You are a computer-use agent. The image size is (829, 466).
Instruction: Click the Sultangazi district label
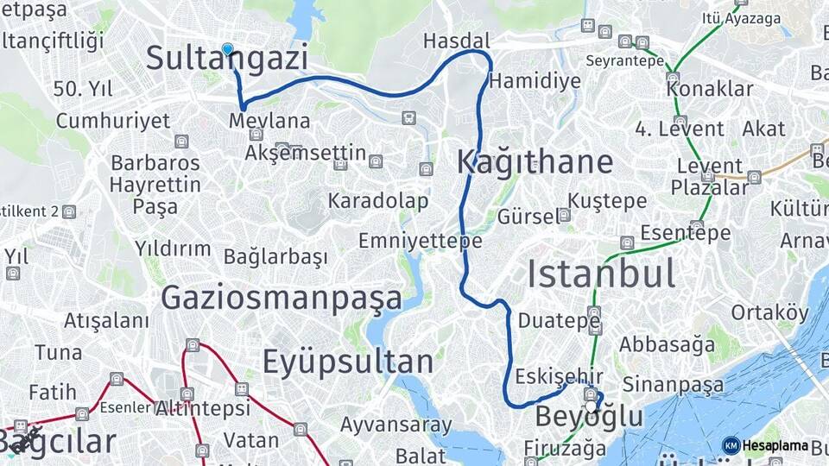226,59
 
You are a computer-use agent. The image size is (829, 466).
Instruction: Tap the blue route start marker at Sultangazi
227,49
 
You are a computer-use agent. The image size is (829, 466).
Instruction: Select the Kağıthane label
535,161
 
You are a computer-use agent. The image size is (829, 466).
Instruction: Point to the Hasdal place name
457,41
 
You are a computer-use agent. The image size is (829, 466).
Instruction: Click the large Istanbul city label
601,274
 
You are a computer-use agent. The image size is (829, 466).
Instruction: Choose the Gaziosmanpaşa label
282,298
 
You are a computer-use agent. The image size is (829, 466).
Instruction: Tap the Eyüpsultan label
347,361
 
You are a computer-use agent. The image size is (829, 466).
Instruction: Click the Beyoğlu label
589,418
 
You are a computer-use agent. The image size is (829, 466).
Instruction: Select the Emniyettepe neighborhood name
420,241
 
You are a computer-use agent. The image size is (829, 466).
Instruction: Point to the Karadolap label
378,201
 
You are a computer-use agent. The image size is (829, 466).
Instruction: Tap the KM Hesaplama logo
765,445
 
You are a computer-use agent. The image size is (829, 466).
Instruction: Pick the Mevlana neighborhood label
269,121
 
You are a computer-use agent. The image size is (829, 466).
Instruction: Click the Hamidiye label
535,81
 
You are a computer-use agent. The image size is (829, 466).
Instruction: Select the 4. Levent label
680,129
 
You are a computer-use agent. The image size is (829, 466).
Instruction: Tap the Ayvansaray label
396,425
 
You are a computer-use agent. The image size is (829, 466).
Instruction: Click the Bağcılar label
58,441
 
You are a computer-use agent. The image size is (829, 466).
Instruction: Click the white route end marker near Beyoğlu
591,406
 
